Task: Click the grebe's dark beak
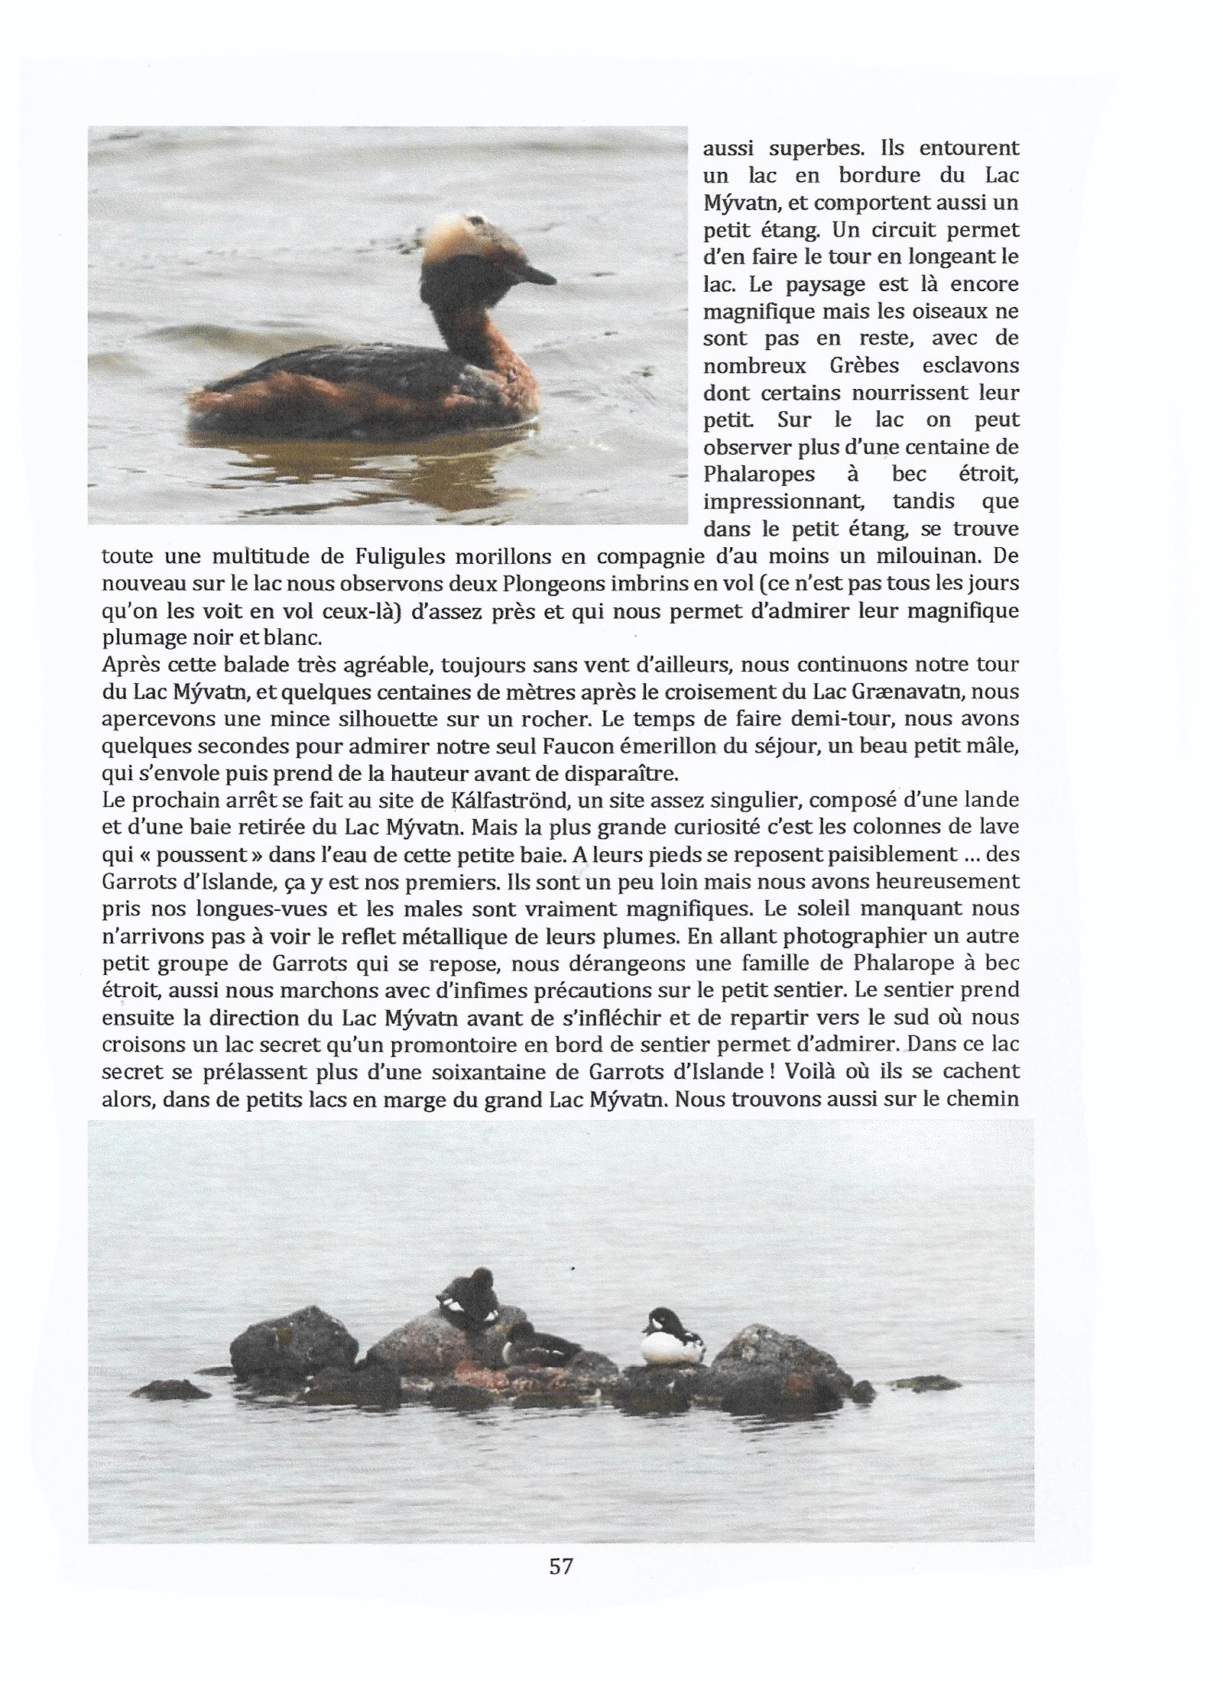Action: [537, 273]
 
